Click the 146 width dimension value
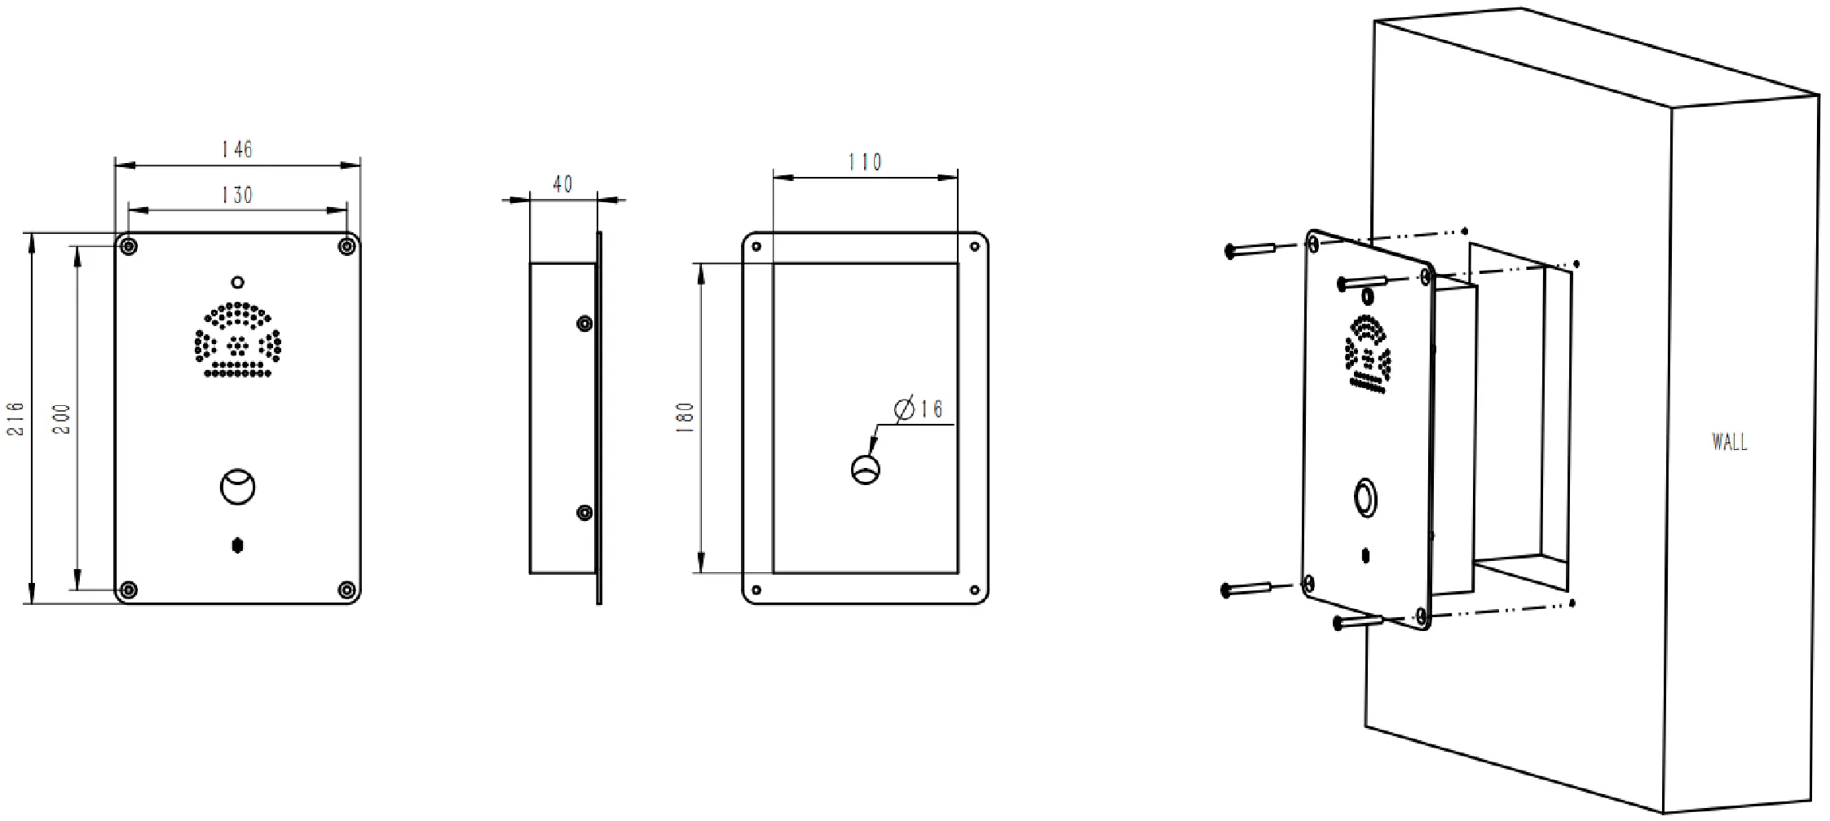click(237, 150)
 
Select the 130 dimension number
click(237, 196)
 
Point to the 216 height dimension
click(16, 418)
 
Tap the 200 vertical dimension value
click(63, 418)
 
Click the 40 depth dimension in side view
click(562, 185)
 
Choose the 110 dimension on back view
click(865, 162)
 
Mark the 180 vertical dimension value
click(685, 417)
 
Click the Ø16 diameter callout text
click(919, 409)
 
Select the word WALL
click(1729, 443)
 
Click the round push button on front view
click(237, 488)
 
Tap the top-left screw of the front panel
click(128, 246)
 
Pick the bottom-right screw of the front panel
click(347, 589)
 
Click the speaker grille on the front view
click(237, 340)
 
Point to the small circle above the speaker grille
click(237, 283)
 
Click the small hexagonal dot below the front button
click(237, 545)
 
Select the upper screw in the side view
click(584, 324)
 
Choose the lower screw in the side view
click(584, 513)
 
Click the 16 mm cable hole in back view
click(866, 470)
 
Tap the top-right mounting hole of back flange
click(974, 245)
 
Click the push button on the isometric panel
click(1365, 497)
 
